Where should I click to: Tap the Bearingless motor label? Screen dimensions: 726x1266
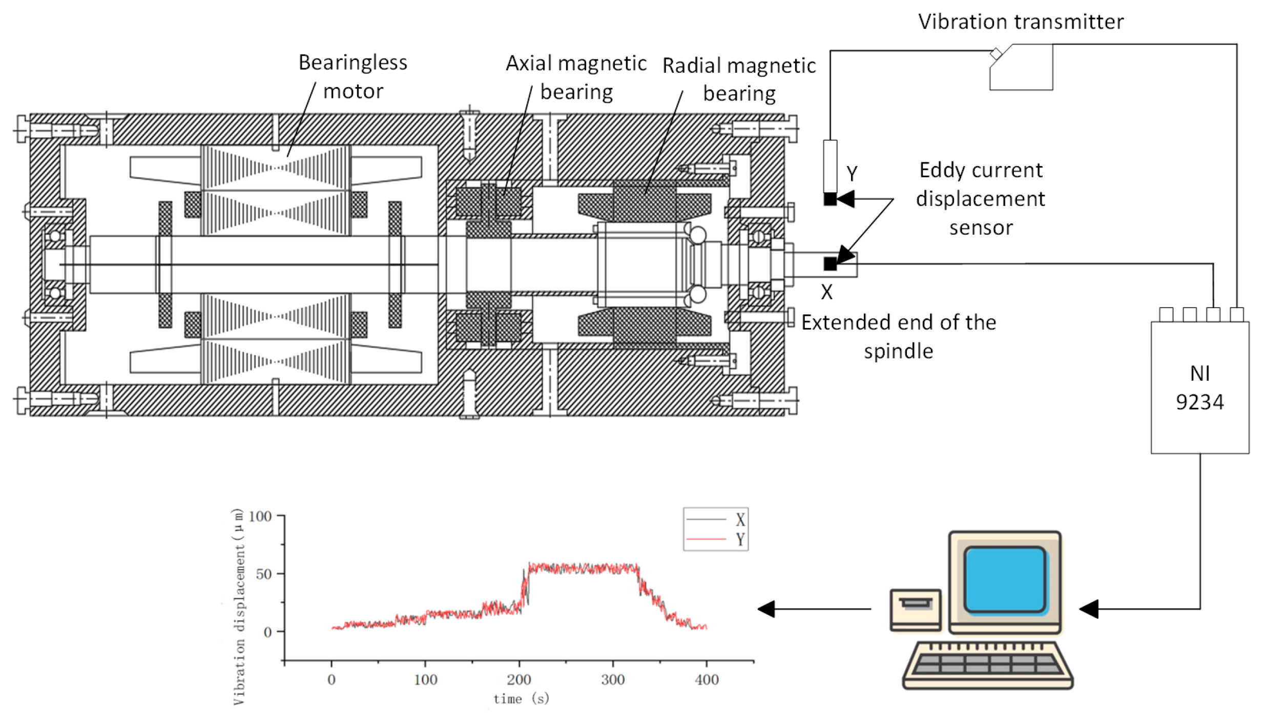pos(352,77)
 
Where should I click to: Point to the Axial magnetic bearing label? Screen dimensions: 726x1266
pos(576,77)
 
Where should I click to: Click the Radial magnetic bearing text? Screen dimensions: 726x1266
pos(738,79)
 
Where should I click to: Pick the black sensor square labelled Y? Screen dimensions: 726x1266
pos(829,199)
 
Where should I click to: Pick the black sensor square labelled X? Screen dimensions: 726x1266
pos(829,264)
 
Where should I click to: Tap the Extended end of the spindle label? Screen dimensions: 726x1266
pos(898,337)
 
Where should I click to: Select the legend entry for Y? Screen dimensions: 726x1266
pos(716,540)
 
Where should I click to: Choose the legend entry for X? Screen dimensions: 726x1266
pos(716,520)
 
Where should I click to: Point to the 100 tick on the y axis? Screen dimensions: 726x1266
pos(260,516)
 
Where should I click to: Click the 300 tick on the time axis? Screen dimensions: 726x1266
pos(613,680)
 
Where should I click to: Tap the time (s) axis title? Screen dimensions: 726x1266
pos(521,699)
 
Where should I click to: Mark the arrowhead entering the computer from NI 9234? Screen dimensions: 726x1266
pos(1088,609)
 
